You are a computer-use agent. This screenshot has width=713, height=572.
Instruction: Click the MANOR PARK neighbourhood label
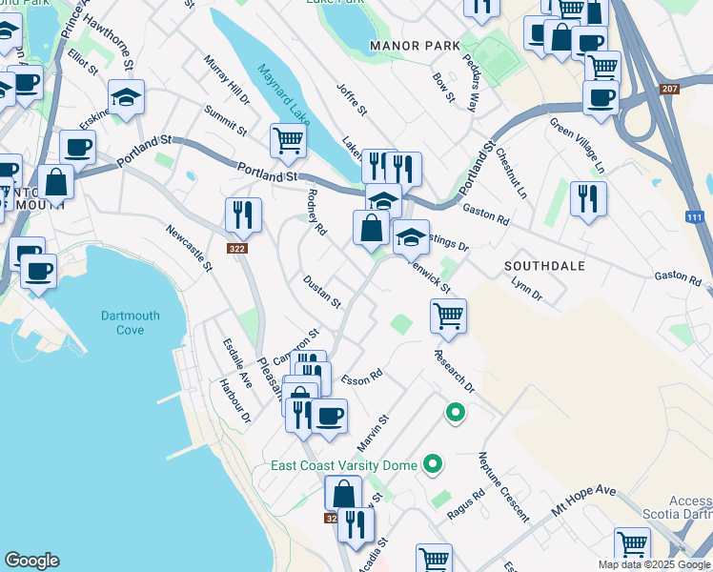pyautogui.click(x=415, y=46)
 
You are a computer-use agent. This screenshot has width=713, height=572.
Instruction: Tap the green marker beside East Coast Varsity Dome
pyautogui.click(x=434, y=465)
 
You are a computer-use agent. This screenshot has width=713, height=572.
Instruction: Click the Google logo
pyautogui.click(x=31, y=561)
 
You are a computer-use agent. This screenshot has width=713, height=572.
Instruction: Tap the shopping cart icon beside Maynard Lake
pyautogui.click(x=288, y=141)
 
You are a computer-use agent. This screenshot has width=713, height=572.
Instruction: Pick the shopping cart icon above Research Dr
pyautogui.click(x=448, y=316)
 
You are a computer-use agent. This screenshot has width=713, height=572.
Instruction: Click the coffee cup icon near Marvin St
pyautogui.click(x=330, y=417)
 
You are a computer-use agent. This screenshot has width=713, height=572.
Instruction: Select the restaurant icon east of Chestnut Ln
pyautogui.click(x=588, y=198)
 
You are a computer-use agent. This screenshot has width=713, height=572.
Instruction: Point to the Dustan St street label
pyautogui.click(x=321, y=292)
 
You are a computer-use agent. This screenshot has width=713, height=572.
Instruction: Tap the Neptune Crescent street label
pyautogui.click(x=503, y=486)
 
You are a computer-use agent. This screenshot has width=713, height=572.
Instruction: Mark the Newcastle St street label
pyautogui.click(x=188, y=248)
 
